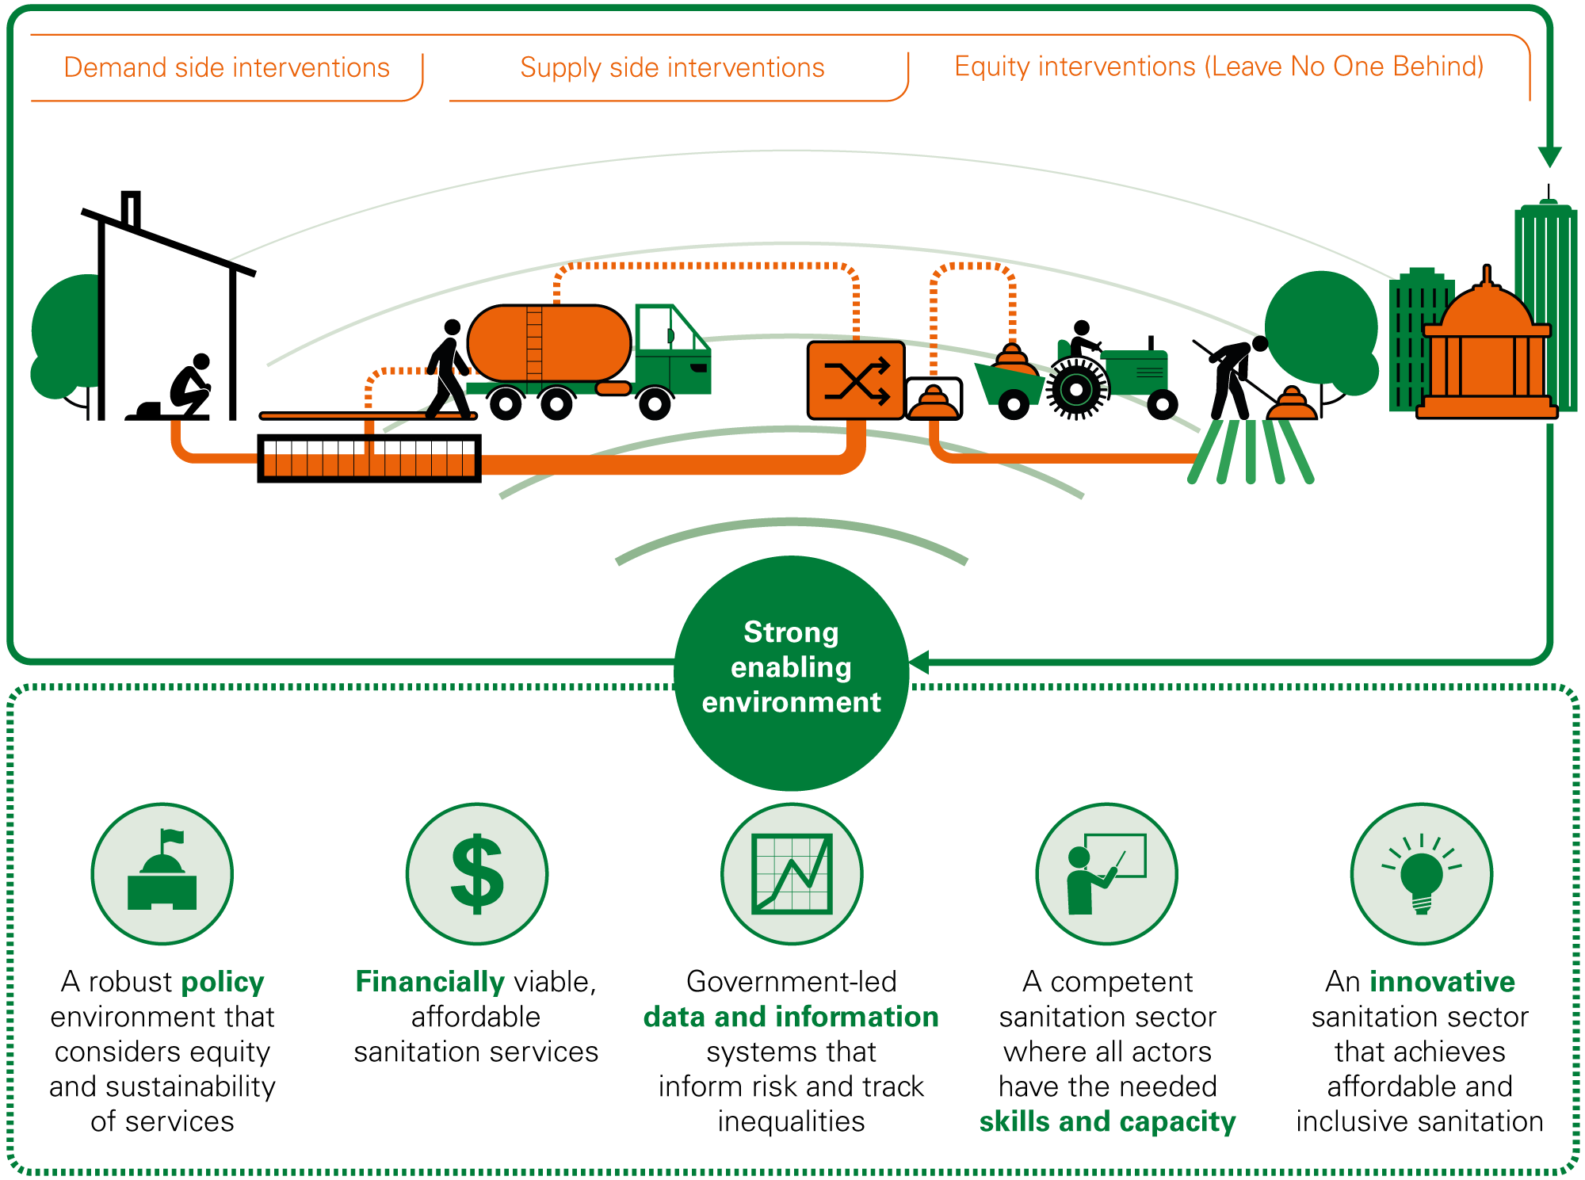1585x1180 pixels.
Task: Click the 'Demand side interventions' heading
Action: (x=227, y=67)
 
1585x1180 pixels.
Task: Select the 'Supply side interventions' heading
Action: (x=672, y=67)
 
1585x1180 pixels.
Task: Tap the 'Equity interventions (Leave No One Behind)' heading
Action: (x=1219, y=67)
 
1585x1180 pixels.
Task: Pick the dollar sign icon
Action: (x=477, y=874)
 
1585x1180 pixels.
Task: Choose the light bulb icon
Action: (x=1422, y=874)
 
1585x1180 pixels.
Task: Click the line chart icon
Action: (x=792, y=874)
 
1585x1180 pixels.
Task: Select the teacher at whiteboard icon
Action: (x=1106, y=874)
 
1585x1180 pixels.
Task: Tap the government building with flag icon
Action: (x=162, y=874)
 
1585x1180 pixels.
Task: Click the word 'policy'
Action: (x=223, y=982)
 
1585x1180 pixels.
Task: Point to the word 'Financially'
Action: (x=430, y=982)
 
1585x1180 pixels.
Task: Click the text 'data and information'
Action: (x=791, y=1017)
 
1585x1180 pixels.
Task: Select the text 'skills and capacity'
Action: (x=1107, y=1121)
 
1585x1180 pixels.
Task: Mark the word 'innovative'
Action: (x=1442, y=982)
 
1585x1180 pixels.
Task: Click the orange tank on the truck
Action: (x=548, y=344)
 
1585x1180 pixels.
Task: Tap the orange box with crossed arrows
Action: (x=856, y=381)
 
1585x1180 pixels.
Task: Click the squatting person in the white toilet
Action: (x=192, y=384)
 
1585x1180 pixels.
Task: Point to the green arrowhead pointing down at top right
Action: (x=1549, y=156)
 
